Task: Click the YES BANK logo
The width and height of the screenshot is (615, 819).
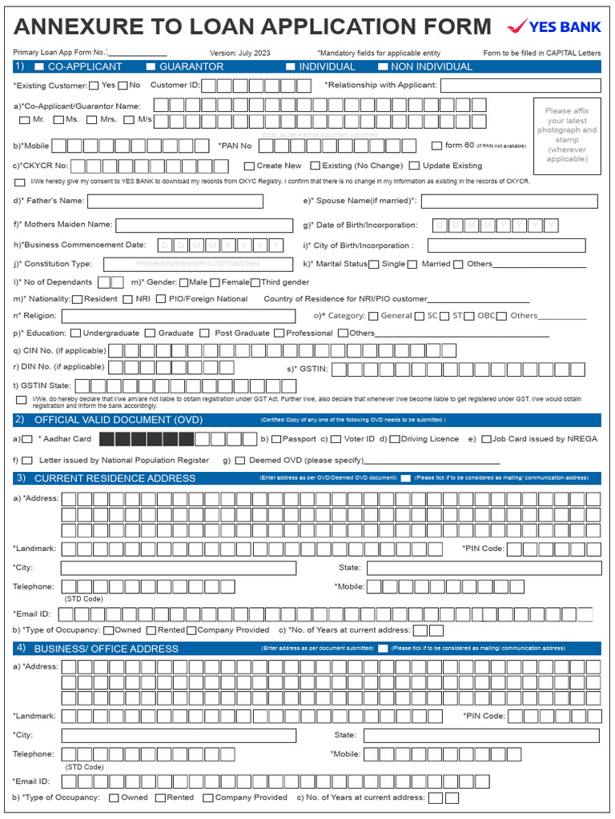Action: click(x=554, y=26)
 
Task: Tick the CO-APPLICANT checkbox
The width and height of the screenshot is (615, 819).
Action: click(x=39, y=67)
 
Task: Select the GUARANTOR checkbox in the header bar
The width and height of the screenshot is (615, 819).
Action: click(x=151, y=67)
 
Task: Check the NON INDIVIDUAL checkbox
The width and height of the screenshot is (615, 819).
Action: click(x=383, y=67)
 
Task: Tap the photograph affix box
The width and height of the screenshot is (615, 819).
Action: click(x=566, y=135)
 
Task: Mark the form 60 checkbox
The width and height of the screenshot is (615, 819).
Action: click(x=436, y=146)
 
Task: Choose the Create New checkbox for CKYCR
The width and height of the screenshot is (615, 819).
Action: click(x=249, y=166)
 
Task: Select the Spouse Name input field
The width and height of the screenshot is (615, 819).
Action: click(x=508, y=202)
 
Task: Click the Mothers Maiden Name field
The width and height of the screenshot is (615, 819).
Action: click(x=204, y=226)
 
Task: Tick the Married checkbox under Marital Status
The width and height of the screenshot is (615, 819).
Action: click(x=412, y=265)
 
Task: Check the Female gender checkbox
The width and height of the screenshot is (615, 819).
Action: click(x=215, y=282)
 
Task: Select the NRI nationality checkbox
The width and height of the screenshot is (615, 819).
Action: click(x=127, y=299)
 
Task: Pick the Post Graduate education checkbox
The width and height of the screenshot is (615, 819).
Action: click(x=205, y=334)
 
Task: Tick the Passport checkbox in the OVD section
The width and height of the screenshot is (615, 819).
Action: click(x=275, y=439)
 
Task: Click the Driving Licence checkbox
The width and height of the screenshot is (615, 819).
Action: click(x=395, y=439)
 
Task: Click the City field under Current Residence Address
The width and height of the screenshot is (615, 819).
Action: click(x=179, y=568)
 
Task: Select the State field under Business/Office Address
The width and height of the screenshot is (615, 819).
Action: click(x=482, y=735)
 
